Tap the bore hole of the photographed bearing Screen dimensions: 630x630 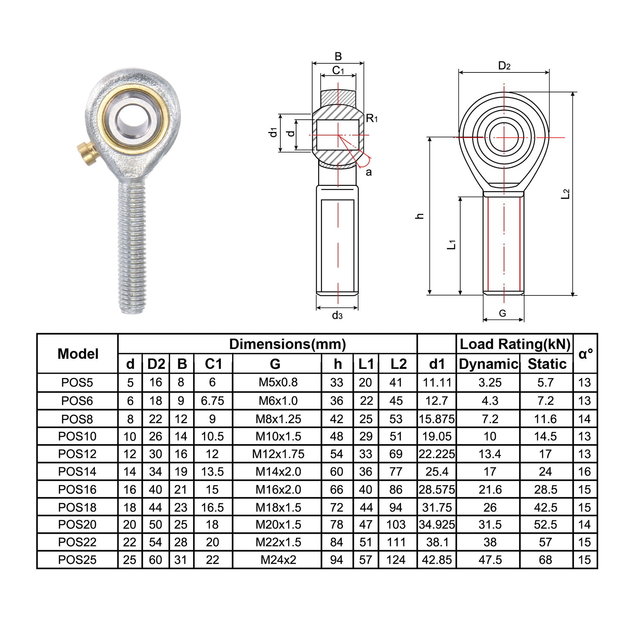point(133,119)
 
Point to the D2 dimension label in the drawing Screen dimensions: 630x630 point(504,66)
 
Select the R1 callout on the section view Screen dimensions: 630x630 point(372,118)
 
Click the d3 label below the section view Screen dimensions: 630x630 point(337,315)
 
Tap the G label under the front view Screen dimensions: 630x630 point(502,313)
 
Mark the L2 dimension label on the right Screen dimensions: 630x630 point(566,194)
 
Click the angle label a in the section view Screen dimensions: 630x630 point(369,172)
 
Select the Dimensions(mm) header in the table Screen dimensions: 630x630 point(287,344)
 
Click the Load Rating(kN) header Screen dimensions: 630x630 point(514,344)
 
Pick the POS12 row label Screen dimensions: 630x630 point(77,454)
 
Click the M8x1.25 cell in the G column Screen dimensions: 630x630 point(278,419)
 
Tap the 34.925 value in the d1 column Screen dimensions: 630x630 point(437,525)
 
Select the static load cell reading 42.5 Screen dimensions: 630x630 point(545,507)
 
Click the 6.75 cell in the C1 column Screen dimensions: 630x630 point(212,401)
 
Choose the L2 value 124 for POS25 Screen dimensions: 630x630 point(396,560)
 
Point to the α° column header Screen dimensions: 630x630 point(585,354)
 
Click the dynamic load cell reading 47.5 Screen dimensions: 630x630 point(490,560)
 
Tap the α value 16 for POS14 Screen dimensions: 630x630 point(584,471)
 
